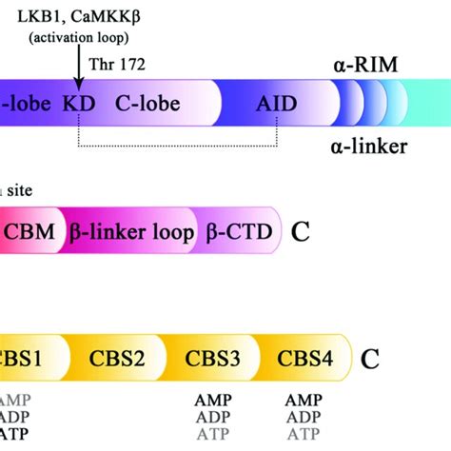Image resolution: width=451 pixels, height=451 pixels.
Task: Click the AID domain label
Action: coord(275,102)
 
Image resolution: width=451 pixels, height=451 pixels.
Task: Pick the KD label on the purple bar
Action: coord(77,102)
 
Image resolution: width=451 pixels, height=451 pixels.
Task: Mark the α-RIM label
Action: coord(364,66)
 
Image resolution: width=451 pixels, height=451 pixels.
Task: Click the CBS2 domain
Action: coord(117,359)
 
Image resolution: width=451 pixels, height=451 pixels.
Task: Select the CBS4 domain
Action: coord(304,359)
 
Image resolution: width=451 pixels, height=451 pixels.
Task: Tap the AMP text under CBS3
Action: coord(210,399)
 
